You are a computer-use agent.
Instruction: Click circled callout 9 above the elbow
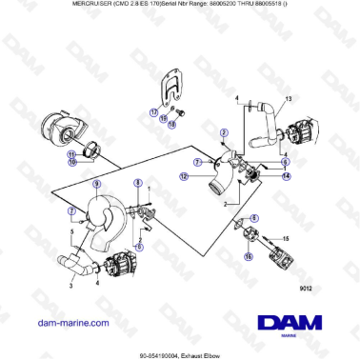pos(95,183)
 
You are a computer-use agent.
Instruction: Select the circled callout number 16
pos(249,255)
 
